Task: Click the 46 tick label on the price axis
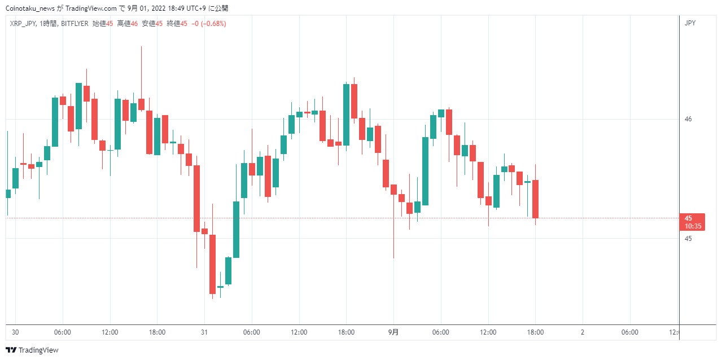tap(688, 119)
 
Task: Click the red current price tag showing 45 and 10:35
tap(692, 222)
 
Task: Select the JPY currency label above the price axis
tap(690, 23)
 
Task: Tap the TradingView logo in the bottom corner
tap(32, 350)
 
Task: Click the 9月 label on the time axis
tap(393, 332)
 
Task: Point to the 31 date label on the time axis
tap(204, 332)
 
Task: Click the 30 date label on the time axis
tap(15, 332)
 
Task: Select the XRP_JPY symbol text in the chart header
tap(23, 24)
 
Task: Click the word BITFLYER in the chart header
tap(75, 24)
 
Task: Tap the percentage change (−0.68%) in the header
tap(213, 24)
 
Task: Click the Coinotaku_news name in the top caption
tap(30, 8)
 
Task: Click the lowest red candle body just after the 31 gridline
tap(212, 264)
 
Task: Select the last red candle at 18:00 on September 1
tap(535, 199)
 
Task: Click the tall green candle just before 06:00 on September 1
tap(425, 171)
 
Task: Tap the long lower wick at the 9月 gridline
tap(393, 226)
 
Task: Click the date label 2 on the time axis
tap(583, 332)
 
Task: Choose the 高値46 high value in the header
tap(128, 24)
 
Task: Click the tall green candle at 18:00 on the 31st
tap(346, 115)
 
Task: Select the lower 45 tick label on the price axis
tap(688, 239)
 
